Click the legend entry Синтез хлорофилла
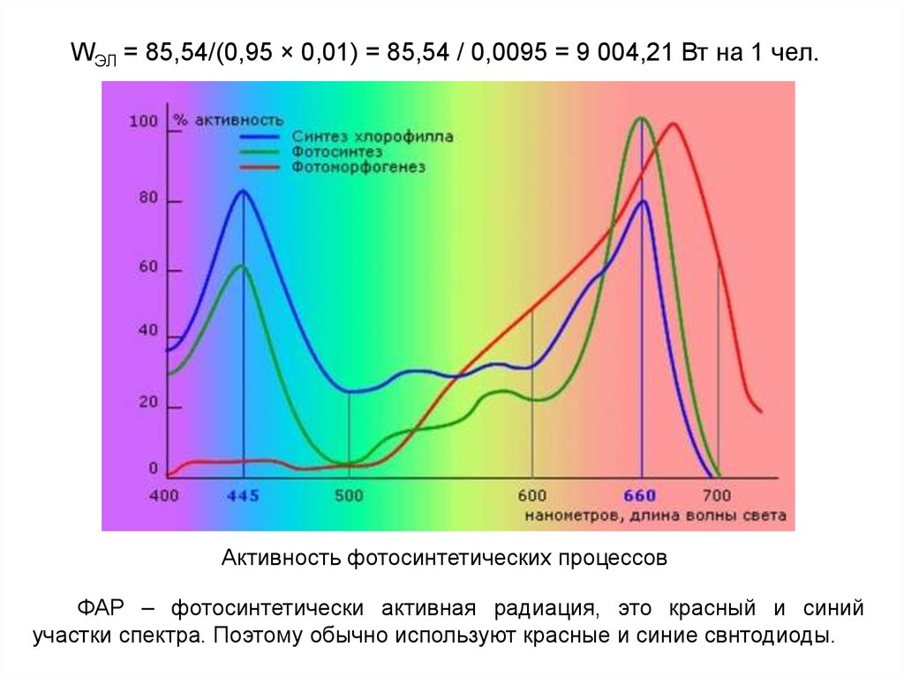pos(372,137)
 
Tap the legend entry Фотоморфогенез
pos(358,166)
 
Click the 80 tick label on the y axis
pos(147,199)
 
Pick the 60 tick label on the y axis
pos(147,267)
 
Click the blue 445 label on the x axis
pos(243,496)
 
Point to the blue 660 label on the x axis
pos(641,496)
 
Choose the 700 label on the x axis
pos(717,496)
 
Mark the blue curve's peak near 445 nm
pos(242,191)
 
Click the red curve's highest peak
pos(674,124)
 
